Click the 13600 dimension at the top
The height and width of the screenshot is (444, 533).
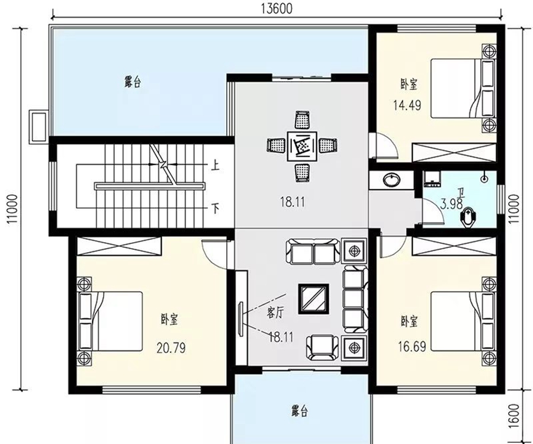point(277,8)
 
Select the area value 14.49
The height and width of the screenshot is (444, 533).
point(407,105)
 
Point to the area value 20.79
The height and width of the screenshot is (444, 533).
point(171,348)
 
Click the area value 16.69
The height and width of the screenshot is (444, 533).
point(412,346)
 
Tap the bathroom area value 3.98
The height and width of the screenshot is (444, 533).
point(451,204)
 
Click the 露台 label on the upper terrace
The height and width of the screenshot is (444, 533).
point(132,82)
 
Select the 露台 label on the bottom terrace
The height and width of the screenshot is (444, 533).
point(300,411)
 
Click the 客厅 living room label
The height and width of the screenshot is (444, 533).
point(275,313)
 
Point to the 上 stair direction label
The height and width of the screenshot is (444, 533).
point(215,166)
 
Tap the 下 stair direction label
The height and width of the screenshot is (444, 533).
point(215,208)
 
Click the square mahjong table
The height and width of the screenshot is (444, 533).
point(302,146)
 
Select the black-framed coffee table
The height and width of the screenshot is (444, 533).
point(313,298)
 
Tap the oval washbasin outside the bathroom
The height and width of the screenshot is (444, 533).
point(391,180)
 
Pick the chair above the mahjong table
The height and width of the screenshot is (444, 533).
point(302,120)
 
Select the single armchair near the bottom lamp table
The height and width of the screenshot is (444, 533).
point(323,347)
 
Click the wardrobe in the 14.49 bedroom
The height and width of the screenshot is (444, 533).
point(454,153)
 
